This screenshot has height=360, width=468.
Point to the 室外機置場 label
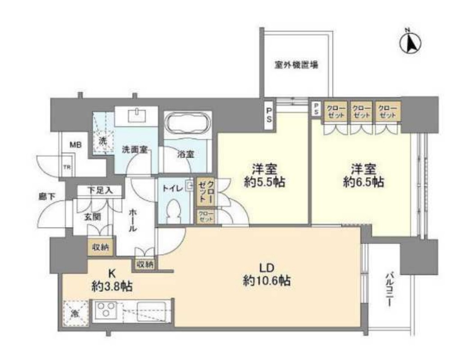point(296,65)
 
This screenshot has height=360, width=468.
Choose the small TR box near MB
point(67,167)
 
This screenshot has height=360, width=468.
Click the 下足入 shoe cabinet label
point(100,191)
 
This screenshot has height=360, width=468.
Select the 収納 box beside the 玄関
point(100,247)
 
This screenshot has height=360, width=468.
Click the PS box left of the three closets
point(316,108)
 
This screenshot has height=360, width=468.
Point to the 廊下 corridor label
point(47,196)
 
